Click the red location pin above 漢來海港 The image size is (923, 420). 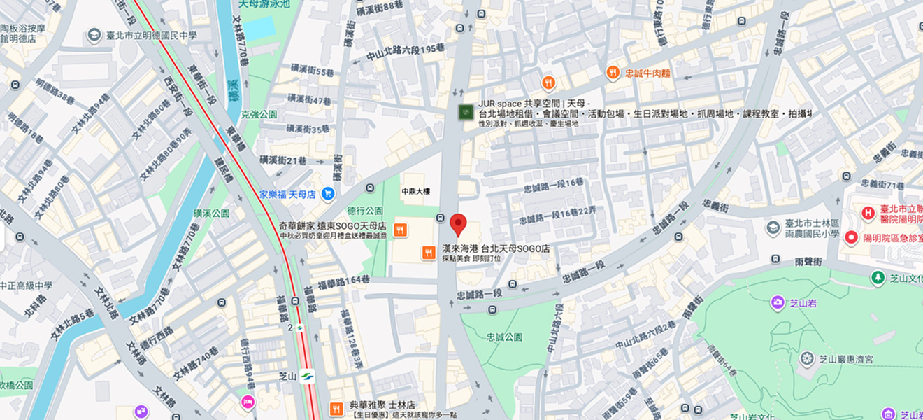458,224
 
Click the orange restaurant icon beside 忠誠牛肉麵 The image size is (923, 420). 613,72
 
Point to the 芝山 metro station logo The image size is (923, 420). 307,377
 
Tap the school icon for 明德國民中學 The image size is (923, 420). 94,36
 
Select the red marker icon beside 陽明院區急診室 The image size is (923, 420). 852,238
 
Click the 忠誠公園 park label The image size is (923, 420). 504,337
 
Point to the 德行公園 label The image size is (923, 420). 365,210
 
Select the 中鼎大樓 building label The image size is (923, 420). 416,191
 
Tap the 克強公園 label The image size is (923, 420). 259,114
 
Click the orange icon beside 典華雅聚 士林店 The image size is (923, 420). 336,408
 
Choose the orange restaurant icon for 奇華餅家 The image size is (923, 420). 400,230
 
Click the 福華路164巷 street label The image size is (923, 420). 343,280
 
